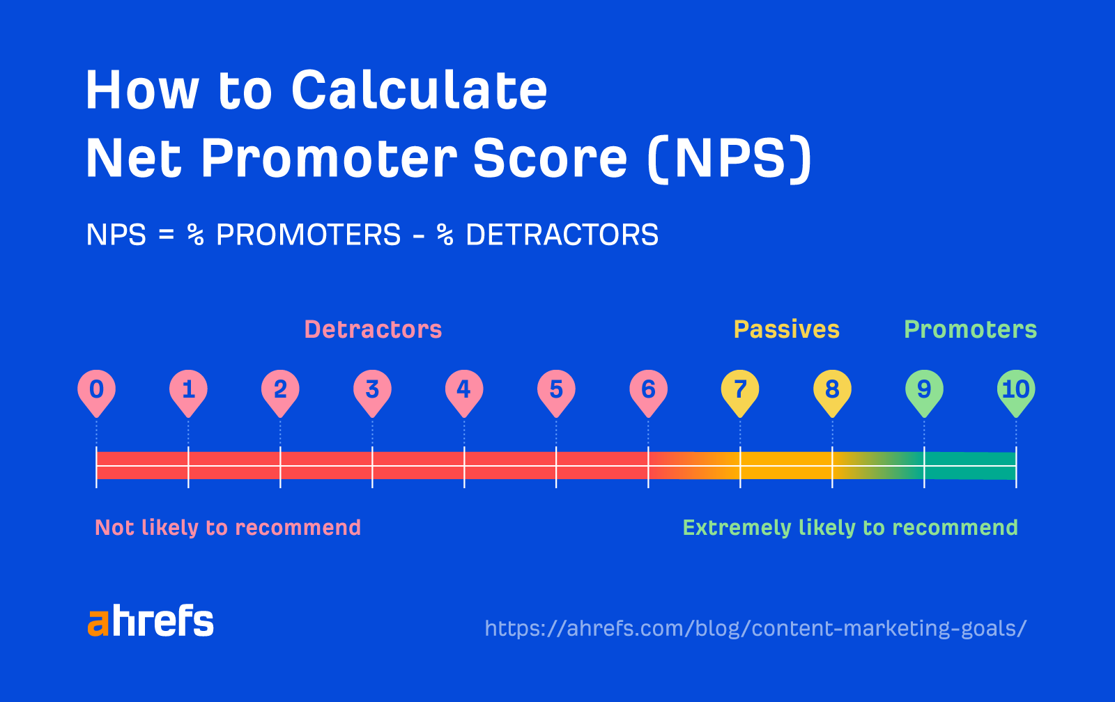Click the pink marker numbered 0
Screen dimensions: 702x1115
[96, 389]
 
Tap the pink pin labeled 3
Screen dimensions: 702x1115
[372, 389]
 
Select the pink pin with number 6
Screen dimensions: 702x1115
[648, 389]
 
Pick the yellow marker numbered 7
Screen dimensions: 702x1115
[740, 389]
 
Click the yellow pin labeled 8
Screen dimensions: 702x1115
[832, 389]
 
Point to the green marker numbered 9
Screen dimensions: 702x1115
[924, 389]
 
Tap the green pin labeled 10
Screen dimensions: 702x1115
[1016, 389]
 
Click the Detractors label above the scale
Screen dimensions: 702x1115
[373, 329]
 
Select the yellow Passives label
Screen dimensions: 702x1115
[786, 329]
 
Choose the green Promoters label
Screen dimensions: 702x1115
[970, 329]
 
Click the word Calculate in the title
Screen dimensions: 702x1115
[419, 91]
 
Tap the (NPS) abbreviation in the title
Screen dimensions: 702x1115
[729, 159]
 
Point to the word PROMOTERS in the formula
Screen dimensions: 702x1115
[309, 235]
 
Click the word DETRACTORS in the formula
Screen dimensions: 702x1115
[562, 235]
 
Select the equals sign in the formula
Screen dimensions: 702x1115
[166, 235]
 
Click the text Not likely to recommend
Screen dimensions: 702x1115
[228, 528]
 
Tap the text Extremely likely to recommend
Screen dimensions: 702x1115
[850, 528]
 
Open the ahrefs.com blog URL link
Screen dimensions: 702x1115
[755, 628]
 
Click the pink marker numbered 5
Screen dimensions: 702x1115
[556, 389]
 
